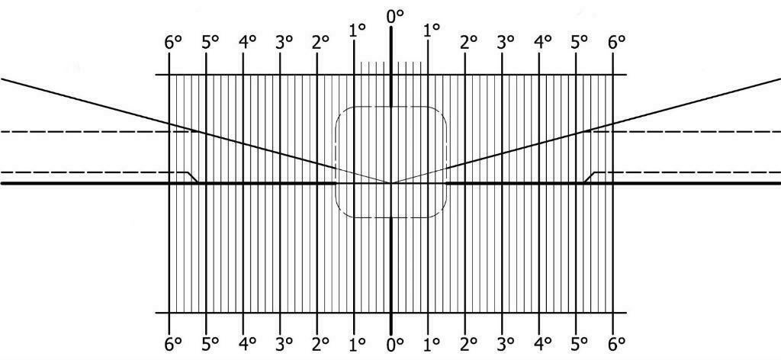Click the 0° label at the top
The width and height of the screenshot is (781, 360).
pyautogui.click(x=394, y=17)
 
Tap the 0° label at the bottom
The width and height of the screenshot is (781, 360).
pyautogui.click(x=394, y=343)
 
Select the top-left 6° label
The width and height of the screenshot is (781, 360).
pyautogui.click(x=173, y=42)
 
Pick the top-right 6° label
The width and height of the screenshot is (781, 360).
pyautogui.click(x=616, y=42)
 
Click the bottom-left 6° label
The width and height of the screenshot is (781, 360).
pyautogui.click(x=173, y=343)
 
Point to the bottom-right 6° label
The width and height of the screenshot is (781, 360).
pyautogui.click(x=616, y=343)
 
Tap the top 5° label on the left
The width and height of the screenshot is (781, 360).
pyautogui.click(x=211, y=42)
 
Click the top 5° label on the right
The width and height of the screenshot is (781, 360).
pyautogui.click(x=580, y=42)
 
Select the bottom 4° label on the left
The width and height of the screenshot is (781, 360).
pyautogui.click(x=247, y=343)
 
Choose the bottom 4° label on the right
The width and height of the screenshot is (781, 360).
pyautogui.click(x=542, y=343)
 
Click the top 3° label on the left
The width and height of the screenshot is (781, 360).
pyautogui.click(x=284, y=42)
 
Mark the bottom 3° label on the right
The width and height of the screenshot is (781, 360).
pyautogui.click(x=506, y=343)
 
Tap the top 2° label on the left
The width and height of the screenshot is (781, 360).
pyautogui.click(x=321, y=42)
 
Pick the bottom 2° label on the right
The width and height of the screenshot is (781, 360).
pyautogui.click(x=469, y=343)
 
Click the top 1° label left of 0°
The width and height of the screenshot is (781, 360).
pyautogui.click(x=358, y=30)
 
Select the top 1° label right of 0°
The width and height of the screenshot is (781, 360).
pyautogui.click(x=432, y=30)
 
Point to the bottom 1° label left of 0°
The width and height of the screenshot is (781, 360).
pyautogui.click(x=358, y=343)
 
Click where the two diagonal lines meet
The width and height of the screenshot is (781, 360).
pyautogui.click(x=391, y=183)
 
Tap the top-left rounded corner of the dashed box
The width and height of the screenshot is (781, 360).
pyautogui.click(x=341, y=112)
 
